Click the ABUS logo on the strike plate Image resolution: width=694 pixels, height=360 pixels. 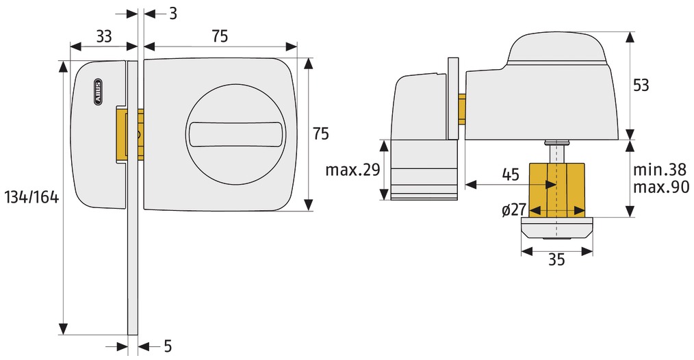[x=98, y=92]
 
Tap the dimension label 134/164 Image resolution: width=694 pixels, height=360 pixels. [x=32, y=197]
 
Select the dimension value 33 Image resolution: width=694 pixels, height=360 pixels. [x=103, y=36]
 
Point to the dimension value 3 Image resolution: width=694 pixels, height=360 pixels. [x=172, y=14]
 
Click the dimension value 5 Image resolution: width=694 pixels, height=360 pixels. [x=168, y=346]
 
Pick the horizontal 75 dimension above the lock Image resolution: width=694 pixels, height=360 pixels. [x=219, y=36]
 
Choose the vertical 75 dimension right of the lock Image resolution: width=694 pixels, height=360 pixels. [x=321, y=133]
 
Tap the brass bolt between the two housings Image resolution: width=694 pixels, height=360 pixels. [x=130, y=133]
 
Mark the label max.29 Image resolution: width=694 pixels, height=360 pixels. [x=352, y=170]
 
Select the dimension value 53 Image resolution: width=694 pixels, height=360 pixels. [x=641, y=85]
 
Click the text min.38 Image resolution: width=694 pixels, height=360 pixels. [x=660, y=169]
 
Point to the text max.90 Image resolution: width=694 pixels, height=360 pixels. [x=660, y=187]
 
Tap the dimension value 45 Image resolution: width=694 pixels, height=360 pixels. [x=511, y=175]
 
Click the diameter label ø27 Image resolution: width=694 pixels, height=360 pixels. [x=514, y=210]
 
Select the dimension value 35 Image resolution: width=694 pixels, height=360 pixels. [x=556, y=259]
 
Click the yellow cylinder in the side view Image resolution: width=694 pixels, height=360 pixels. [x=557, y=190]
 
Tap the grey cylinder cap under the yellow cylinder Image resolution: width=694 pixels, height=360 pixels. [x=557, y=229]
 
